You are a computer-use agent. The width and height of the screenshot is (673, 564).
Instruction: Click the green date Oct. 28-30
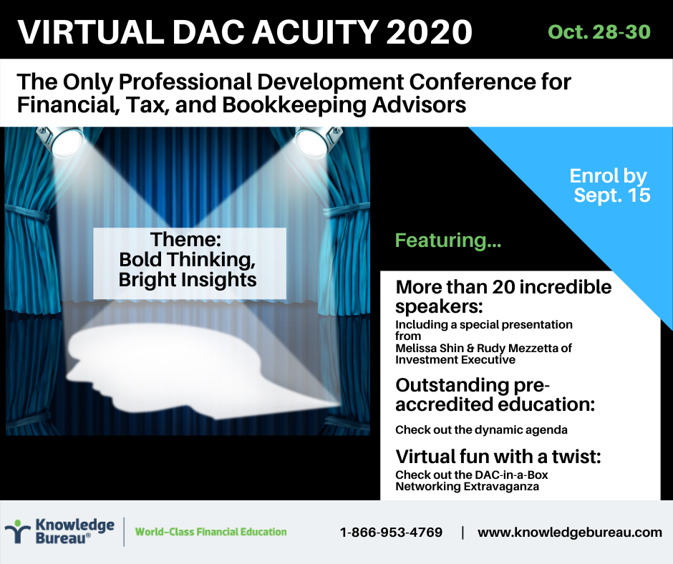coord(599,31)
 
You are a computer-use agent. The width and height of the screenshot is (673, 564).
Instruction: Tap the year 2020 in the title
coord(429,31)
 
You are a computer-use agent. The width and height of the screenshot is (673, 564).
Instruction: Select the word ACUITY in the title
coord(314,31)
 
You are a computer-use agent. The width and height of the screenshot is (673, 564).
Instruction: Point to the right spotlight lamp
coord(316,140)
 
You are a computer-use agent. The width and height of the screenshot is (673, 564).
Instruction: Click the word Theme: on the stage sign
coord(185,239)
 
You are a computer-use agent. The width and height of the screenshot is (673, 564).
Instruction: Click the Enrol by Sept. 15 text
coord(610,185)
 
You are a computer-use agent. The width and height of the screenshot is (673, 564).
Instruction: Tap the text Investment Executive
coord(455,360)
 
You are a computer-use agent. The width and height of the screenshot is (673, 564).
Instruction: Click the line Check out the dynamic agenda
coord(481,430)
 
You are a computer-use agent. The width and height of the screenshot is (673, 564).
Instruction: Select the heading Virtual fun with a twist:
coord(498,457)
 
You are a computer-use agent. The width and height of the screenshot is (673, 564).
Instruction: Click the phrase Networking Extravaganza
coord(467,487)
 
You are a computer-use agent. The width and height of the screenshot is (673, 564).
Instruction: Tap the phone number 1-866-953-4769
coord(391,533)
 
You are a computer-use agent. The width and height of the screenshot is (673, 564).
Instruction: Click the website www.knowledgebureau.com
coord(570,533)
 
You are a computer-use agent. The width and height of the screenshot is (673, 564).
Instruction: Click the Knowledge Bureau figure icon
coord(17,531)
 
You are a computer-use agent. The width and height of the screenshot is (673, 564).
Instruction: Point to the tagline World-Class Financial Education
coord(210,532)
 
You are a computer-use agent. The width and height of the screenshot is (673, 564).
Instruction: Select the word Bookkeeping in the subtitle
coord(294,106)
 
